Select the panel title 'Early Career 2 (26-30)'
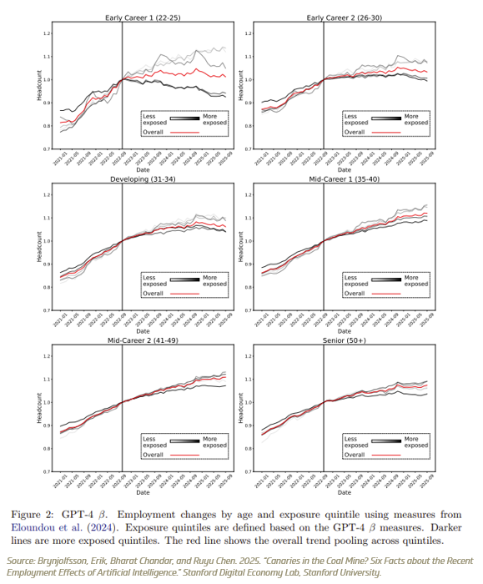tap(339, 18)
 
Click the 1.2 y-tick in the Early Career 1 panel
tap(47, 33)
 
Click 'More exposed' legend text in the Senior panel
tap(415, 442)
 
